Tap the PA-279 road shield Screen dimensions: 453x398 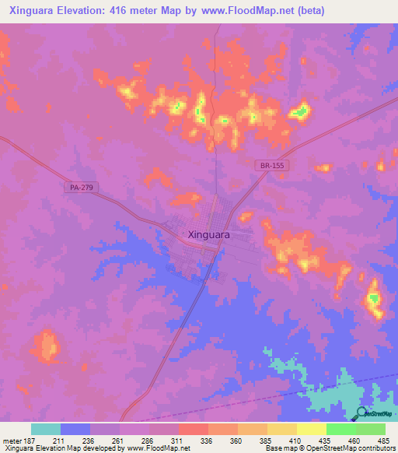coord(75,188)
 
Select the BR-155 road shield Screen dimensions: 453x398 coord(267,165)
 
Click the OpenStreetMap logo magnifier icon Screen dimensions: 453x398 coord(362,414)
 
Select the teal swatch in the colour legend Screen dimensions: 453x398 coord(46,429)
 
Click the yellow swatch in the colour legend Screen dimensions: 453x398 coord(312,429)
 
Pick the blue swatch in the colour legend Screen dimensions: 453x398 coord(75,429)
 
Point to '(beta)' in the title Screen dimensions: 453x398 coord(309,11)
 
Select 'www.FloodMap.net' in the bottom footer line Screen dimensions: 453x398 coord(156,449)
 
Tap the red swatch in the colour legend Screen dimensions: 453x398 coord(194,429)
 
